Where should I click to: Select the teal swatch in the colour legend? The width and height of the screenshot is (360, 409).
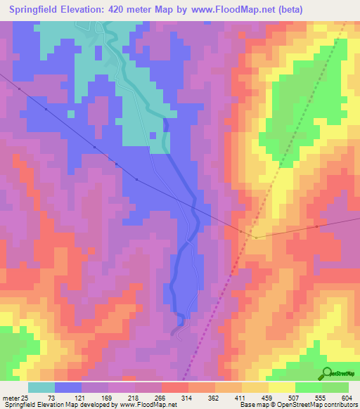click(41, 387)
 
